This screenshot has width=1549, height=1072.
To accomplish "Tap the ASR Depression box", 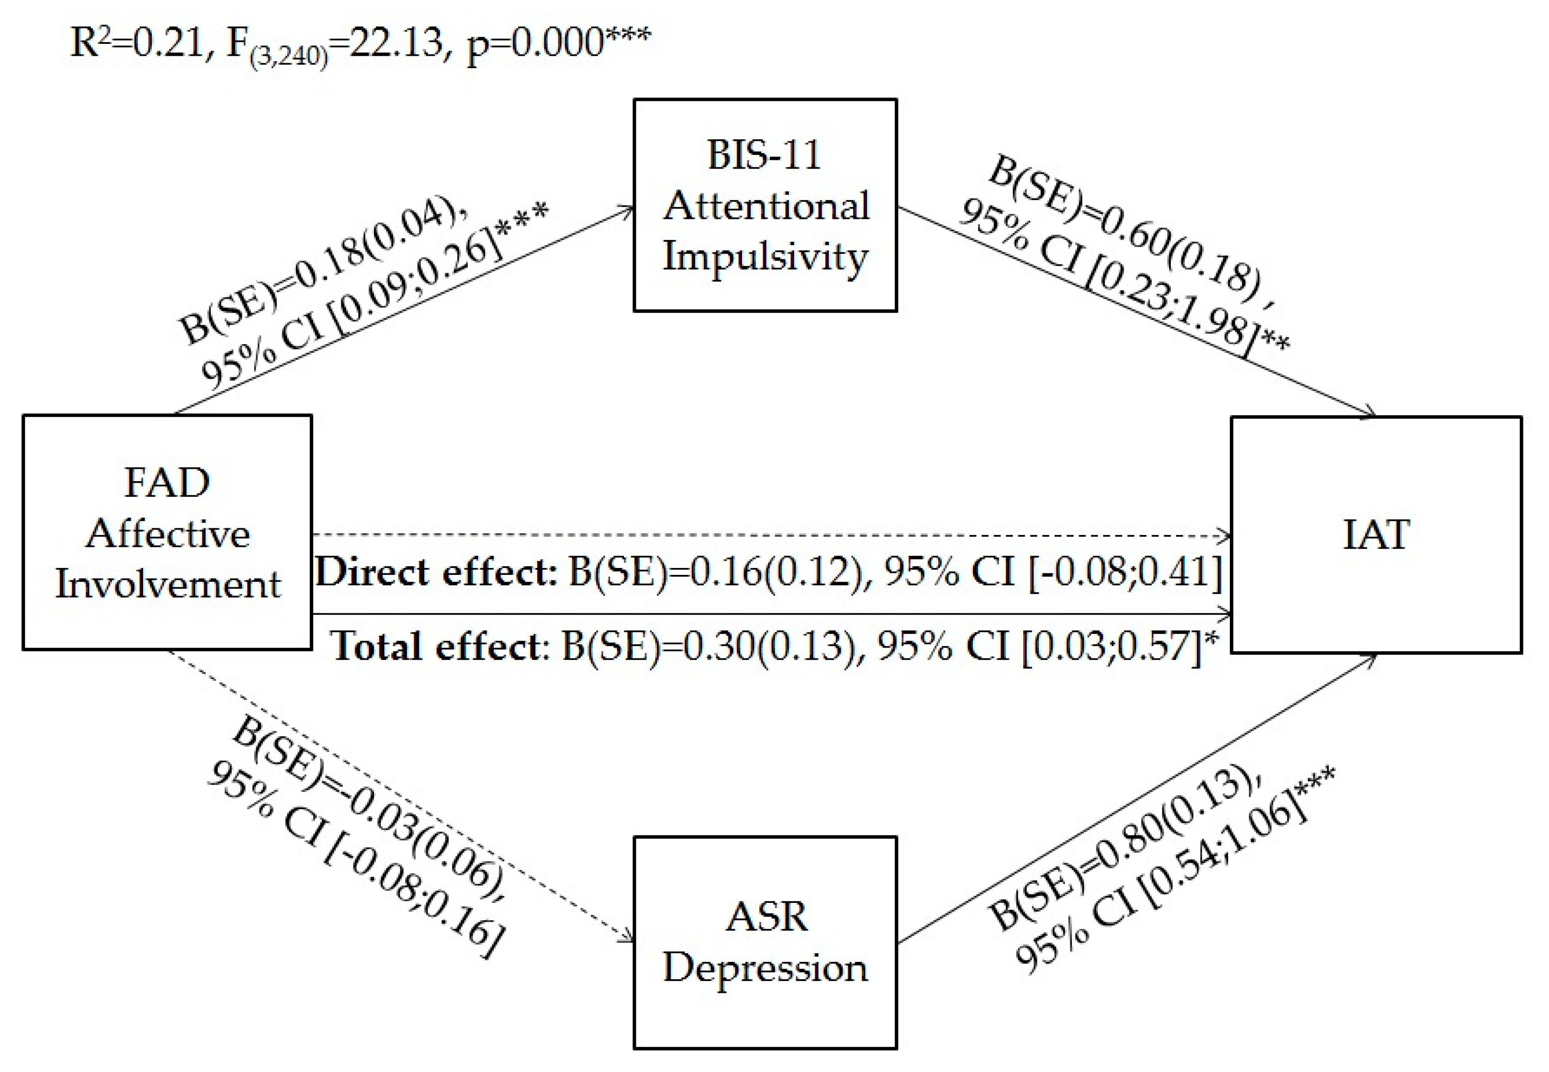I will click(x=765, y=942).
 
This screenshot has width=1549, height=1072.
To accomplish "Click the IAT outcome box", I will click(x=1376, y=535).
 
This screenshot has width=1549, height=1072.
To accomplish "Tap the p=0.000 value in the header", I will click(x=534, y=43).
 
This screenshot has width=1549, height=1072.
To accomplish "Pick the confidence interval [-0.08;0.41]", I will click(x=1125, y=572).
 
